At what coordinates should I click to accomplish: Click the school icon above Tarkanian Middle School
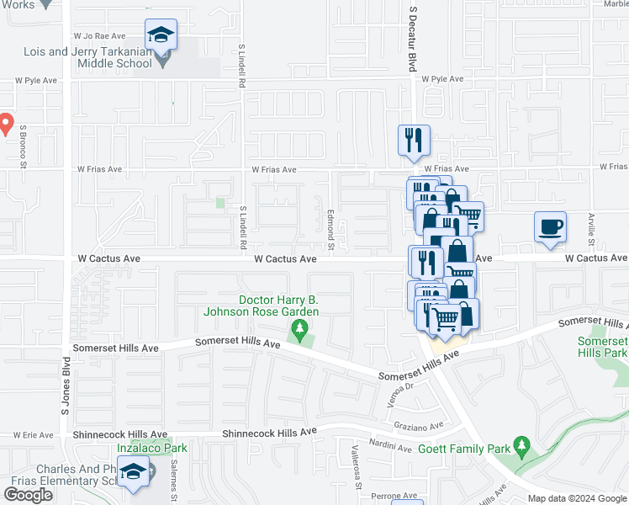pos(161,35)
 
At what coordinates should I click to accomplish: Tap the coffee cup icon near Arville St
pos(550,228)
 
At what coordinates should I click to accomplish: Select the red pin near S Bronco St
pos(4,125)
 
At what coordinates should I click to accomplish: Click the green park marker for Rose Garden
pos(297,327)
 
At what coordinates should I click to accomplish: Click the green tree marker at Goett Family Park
pos(521,444)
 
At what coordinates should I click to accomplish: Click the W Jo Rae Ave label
pos(99,36)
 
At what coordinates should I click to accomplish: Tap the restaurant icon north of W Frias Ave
pos(413,141)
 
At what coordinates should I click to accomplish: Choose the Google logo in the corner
pos(28,495)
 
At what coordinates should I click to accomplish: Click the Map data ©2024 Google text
pos(577,498)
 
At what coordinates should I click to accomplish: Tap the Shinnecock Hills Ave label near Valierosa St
pos(269,432)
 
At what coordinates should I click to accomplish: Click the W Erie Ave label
pos(34,435)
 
